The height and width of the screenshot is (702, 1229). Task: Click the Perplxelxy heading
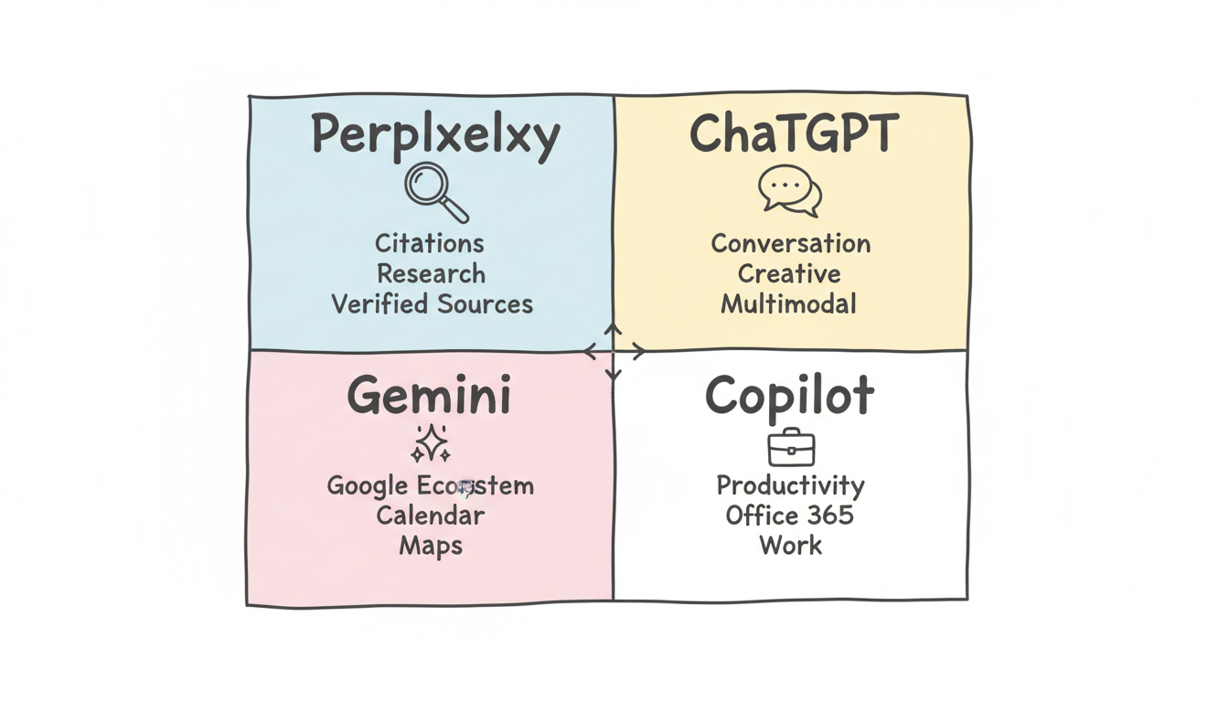[x=434, y=136]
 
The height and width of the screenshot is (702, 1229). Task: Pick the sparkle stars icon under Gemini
[x=430, y=443]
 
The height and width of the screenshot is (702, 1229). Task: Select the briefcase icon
[x=790, y=447]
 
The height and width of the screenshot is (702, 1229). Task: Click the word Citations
[x=430, y=244]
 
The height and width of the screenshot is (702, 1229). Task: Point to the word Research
[x=431, y=274]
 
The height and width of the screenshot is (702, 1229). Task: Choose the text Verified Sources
[x=432, y=304]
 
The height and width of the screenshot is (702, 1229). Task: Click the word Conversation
[x=790, y=244]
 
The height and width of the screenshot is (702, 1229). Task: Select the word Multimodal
[x=788, y=304]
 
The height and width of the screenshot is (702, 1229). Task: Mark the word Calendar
[x=430, y=515]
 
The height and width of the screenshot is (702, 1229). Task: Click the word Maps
[x=430, y=546]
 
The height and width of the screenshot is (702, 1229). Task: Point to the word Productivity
[x=790, y=484]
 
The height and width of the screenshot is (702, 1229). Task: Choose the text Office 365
[x=789, y=515]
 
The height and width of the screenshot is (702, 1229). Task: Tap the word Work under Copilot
[x=790, y=546]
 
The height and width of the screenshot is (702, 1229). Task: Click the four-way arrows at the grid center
[x=614, y=352]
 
